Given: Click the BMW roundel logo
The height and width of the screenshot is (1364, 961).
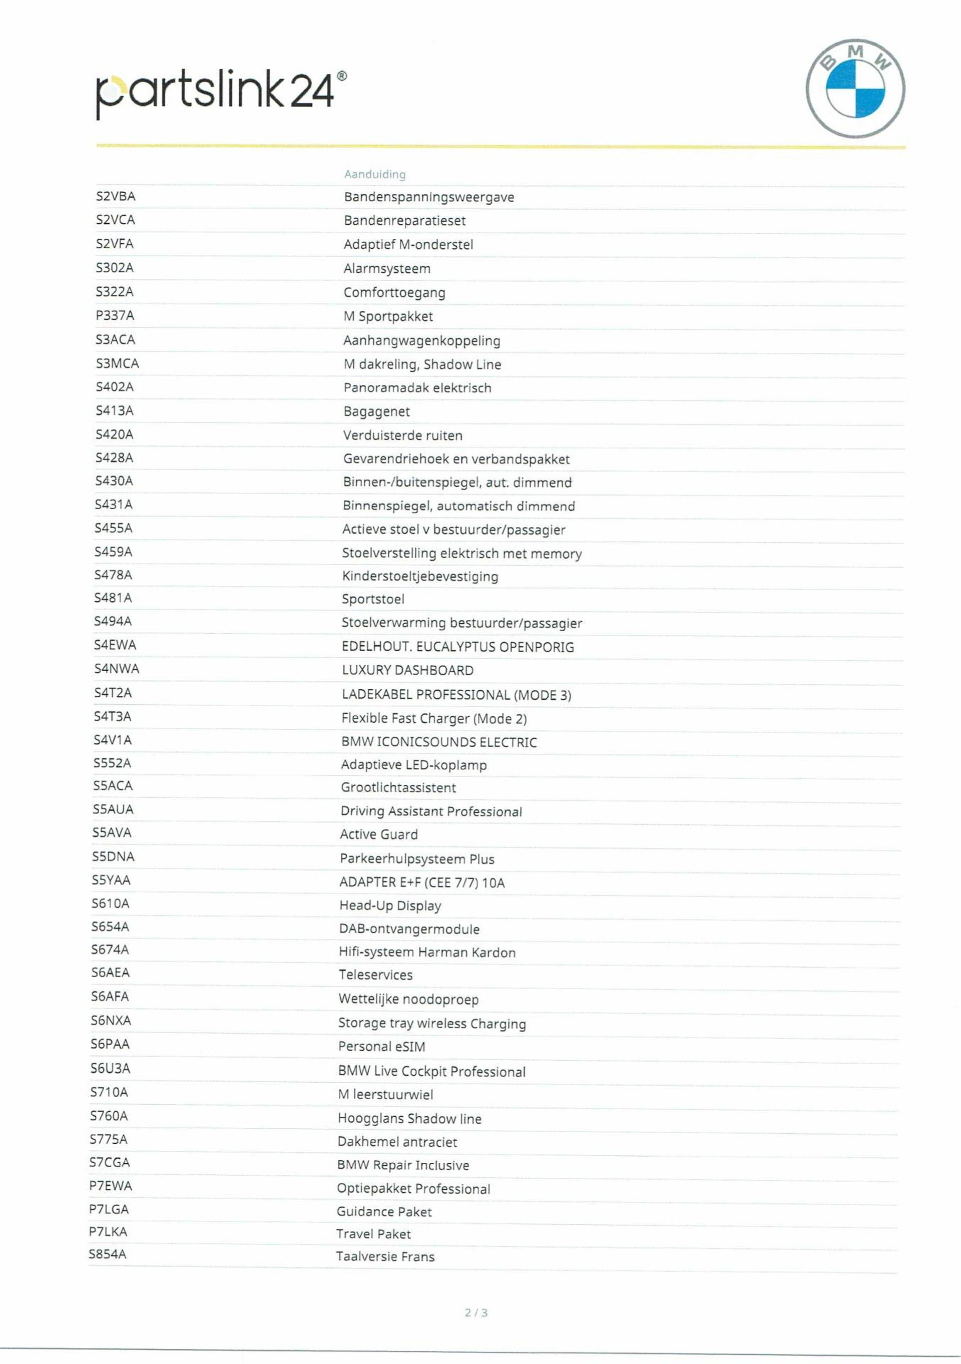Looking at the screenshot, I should (855, 89).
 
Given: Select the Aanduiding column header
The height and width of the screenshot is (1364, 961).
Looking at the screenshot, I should (375, 174).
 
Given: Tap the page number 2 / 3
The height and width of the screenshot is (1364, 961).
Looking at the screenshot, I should (476, 1312).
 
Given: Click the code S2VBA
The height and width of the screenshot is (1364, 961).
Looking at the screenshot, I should (115, 196).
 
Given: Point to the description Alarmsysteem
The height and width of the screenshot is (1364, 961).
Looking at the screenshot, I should (387, 268).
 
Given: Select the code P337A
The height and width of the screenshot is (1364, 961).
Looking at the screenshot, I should (115, 315).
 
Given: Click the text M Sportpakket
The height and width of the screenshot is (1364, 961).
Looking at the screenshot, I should (388, 316).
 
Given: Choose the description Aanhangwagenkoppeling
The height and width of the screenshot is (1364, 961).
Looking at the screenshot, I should (422, 340).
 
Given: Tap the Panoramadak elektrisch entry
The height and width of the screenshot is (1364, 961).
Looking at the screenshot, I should (417, 388).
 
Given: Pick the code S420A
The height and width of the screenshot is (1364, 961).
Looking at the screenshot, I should (114, 434).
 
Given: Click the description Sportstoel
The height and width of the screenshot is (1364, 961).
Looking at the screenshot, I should (372, 599).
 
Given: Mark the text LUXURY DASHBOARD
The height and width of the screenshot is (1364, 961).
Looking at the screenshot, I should (407, 670).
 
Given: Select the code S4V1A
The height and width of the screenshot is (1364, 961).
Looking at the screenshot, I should (112, 740).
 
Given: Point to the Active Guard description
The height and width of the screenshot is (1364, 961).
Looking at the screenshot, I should (378, 834).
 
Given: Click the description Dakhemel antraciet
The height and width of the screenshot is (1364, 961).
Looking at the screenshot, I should (397, 1142).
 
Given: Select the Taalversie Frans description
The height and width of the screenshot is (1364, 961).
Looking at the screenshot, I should (385, 1256).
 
